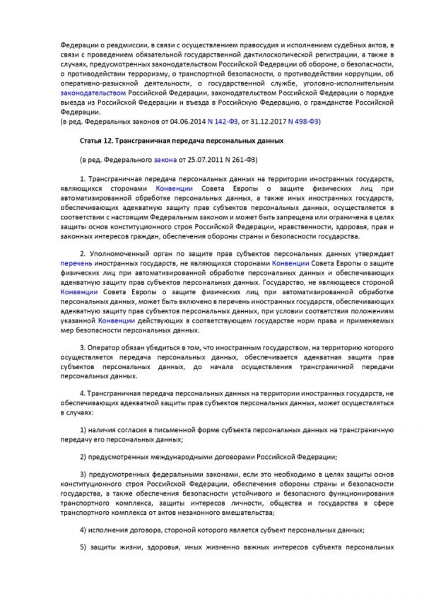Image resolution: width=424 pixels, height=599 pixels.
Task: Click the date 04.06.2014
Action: point(192,122)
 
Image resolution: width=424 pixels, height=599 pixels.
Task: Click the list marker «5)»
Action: point(83,547)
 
